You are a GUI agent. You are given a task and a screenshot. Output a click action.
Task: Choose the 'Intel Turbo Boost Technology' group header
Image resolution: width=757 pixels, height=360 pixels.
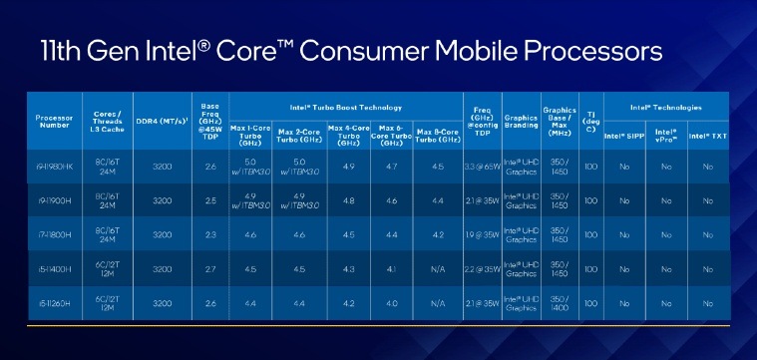[x=347, y=106]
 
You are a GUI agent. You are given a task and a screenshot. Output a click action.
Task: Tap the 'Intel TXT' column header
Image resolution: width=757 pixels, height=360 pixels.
[x=706, y=136]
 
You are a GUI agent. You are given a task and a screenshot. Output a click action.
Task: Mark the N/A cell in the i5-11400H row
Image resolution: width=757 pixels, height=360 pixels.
[x=436, y=270]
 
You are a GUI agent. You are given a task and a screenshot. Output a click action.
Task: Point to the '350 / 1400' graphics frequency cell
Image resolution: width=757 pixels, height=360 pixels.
[x=561, y=305]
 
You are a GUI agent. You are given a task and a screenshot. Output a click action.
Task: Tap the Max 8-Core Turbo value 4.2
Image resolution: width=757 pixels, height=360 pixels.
[x=436, y=236]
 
